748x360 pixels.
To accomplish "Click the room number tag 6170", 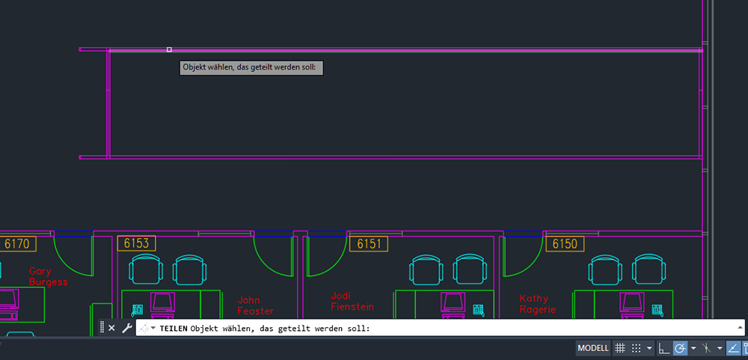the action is click(17, 244).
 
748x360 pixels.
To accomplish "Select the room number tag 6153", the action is click(136, 243).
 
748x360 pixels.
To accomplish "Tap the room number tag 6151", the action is click(369, 244).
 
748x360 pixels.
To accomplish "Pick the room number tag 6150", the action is click(565, 244).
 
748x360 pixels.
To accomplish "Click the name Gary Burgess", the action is click(48, 276).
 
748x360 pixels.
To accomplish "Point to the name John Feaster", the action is click(256, 305).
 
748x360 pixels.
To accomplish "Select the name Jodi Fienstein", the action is click(352, 302).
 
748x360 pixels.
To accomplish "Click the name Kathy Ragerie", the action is click(538, 304).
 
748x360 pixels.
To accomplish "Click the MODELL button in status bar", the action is click(593, 348).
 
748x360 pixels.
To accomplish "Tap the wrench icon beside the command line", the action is click(126, 328).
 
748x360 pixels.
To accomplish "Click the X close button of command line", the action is click(111, 328).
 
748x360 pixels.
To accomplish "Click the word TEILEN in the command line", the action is click(174, 329).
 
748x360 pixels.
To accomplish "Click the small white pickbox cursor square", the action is click(169, 49).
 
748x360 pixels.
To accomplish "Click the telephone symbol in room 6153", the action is click(138, 310).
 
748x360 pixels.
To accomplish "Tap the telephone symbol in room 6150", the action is click(657, 311).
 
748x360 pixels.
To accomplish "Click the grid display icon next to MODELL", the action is click(619, 348).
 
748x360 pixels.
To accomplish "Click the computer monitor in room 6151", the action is click(453, 302).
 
